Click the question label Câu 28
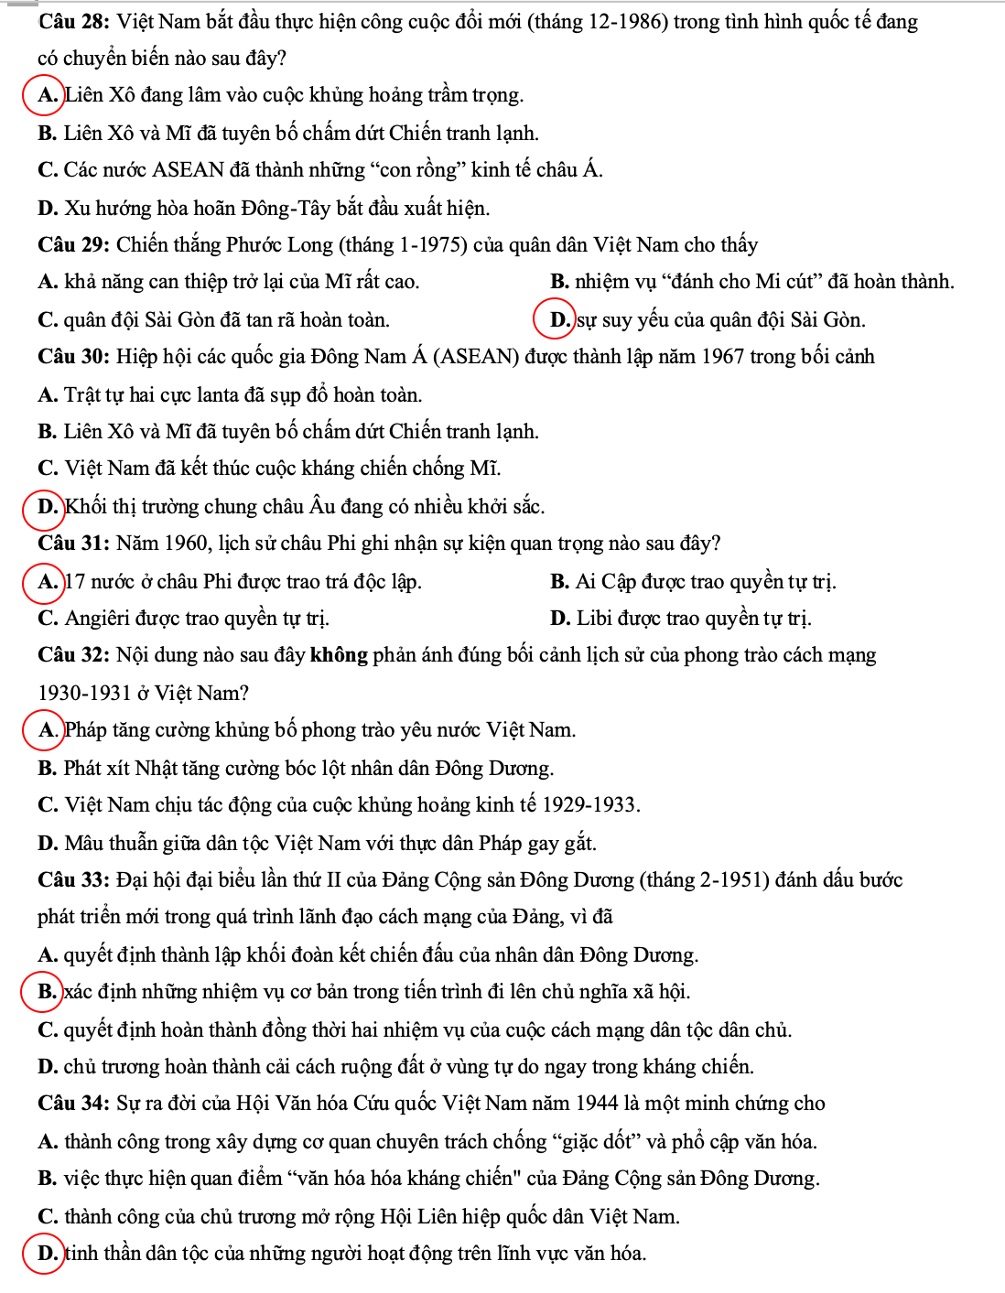(x=74, y=22)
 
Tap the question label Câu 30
(x=74, y=357)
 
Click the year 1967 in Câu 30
(x=722, y=357)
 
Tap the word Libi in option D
(x=594, y=619)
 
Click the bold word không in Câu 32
(x=339, y=655)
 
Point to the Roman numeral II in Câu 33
(x=333, y=880)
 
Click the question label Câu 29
(x=74, y=245)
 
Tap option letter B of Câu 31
(x=558, y=582)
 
